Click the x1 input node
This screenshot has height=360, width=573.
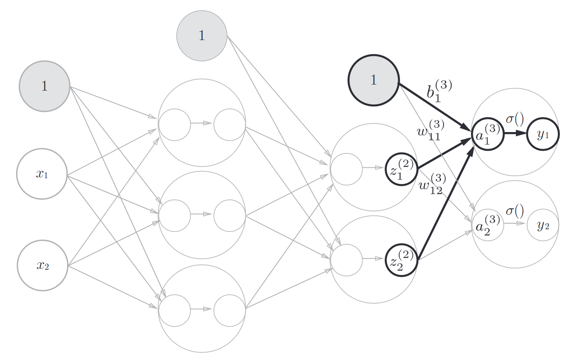click(x=42, y=174)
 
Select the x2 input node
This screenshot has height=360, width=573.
click(x=42, y=265)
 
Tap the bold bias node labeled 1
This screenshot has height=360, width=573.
click(x=373, y=80)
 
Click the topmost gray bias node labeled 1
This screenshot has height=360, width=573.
click(x=202, y=35)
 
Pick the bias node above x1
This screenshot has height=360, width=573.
click(x=44, y=86)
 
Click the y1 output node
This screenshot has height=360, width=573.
click(x=542, y=134)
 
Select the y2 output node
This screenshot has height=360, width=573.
click(x=542, y=225)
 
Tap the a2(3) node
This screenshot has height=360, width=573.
click(x=488, y=225)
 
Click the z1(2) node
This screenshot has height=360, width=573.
click(x=401, y=170)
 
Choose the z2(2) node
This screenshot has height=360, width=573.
click(x=401, y=261)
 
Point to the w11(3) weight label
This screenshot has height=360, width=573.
click(x=431, y=129)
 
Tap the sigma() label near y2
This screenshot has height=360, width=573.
click(x=515, y=211)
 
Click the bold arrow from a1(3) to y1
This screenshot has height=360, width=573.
click(x=515, y=134)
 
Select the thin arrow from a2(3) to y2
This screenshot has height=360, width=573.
click(x=515, y=224)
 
